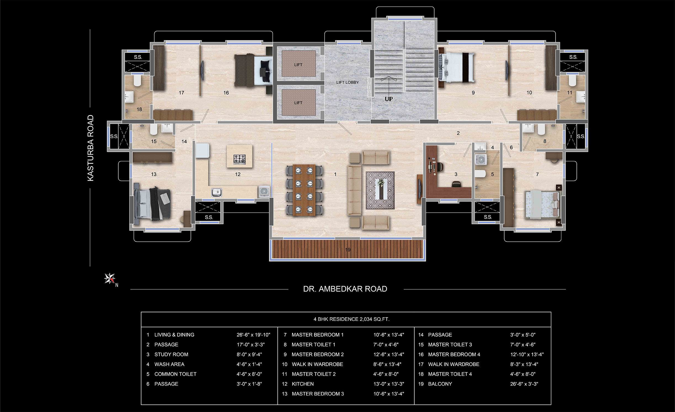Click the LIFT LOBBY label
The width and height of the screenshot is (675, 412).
click(x=347, y=82)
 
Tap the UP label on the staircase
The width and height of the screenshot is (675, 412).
click(x=389, y=99)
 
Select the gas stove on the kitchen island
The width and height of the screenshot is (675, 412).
click(x=239, y=159)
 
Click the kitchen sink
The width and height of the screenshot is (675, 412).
click(x=217, y=192)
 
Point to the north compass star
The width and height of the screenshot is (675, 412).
click(x=110, y=279)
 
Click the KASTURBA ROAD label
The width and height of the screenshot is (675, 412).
click(x=91, y=148)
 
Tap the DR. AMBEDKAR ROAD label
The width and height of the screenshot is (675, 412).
click(x=345, y=289)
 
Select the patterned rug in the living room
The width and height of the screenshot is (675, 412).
click(x=380, y=190)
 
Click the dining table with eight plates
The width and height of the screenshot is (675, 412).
click(x=304, y=190)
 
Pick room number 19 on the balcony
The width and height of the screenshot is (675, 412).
click(x=348, y=250)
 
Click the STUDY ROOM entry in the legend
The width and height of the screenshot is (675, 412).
click(x=171, y=354)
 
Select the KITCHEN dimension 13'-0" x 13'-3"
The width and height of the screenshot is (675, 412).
click(x=389, y=384)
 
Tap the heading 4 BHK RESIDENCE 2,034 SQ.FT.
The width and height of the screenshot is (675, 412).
click(x=351, y=319)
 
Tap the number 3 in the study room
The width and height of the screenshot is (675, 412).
click(x=456, y=174)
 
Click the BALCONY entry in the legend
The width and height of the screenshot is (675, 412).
click(x=440, y=384)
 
